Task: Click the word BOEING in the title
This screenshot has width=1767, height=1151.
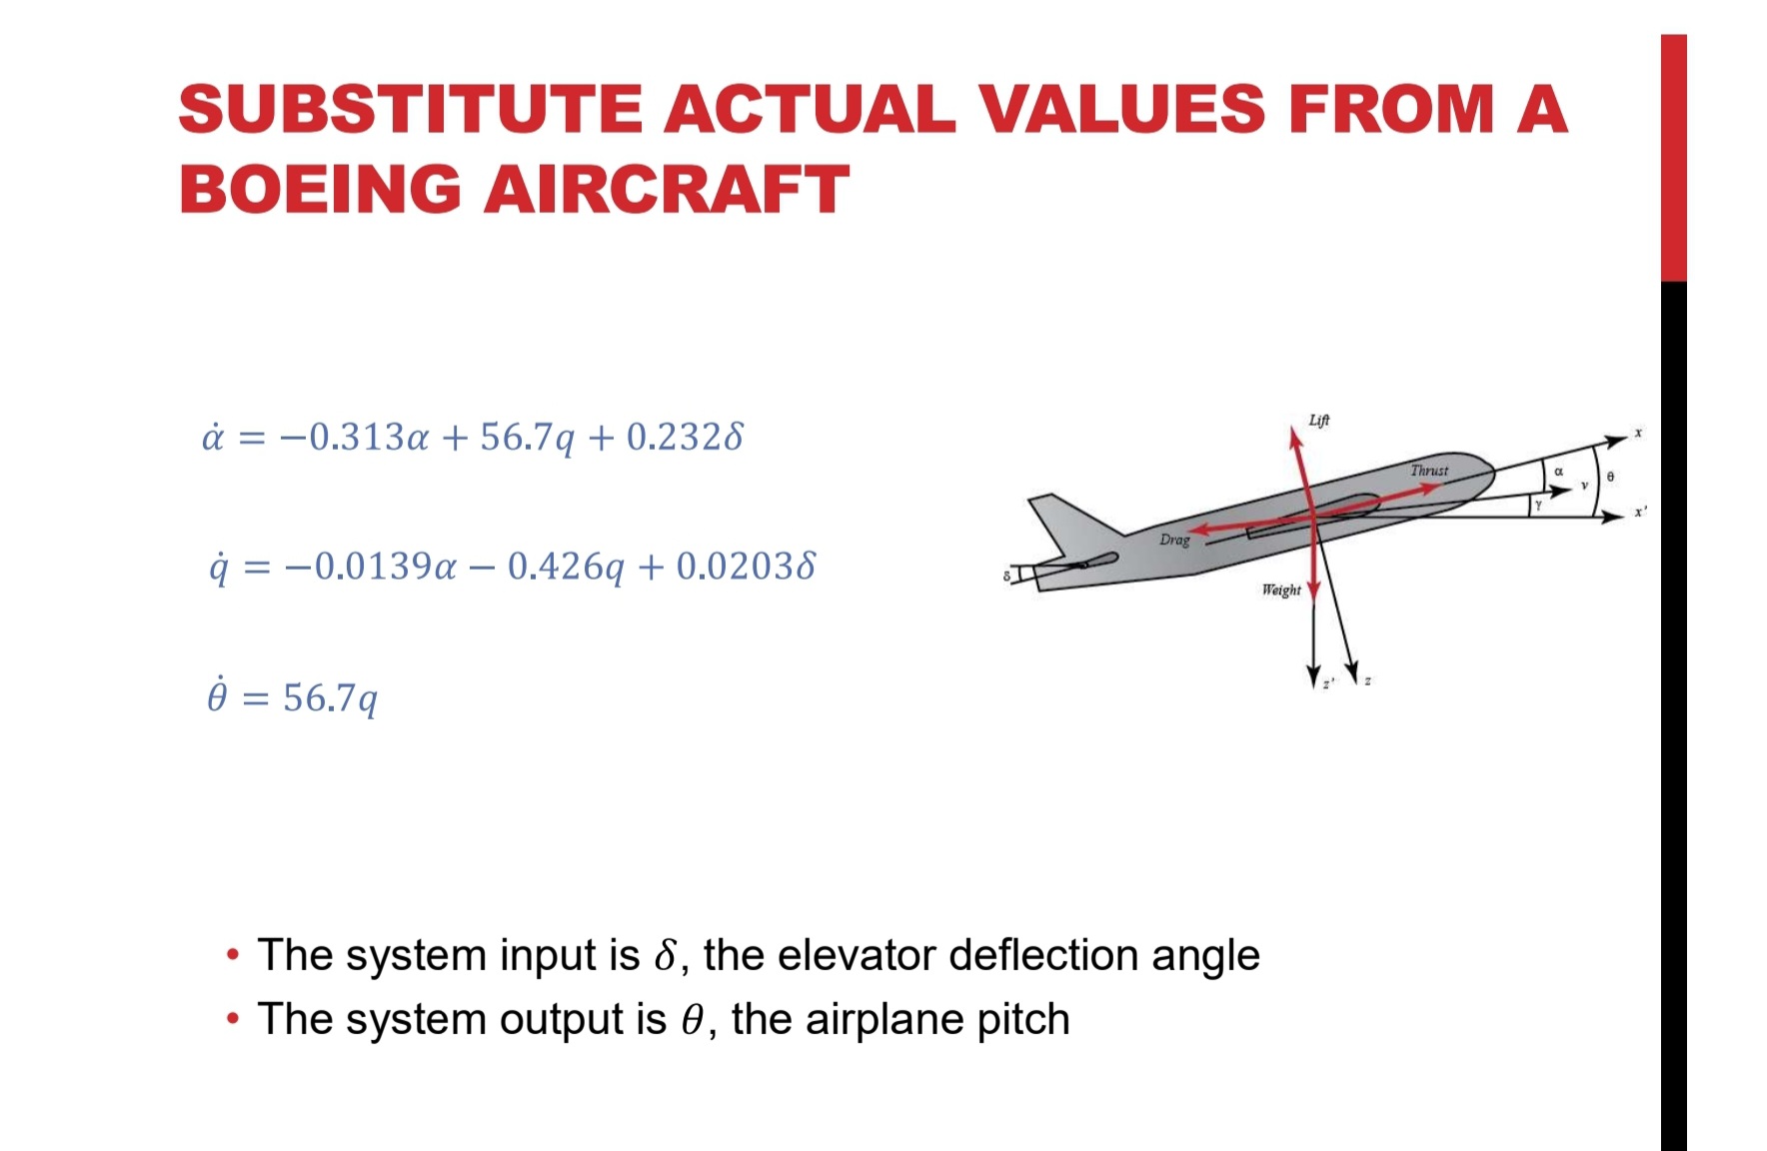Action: click(320, 189)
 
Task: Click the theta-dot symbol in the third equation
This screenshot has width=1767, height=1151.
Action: click(217, 695)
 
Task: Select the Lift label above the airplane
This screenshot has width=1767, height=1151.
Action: click(1319, 421)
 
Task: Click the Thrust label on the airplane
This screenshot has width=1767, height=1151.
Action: click(1429, 471)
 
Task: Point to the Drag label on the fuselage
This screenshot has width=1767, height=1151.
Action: click(1174, 540)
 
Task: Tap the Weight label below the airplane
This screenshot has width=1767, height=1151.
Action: click(1281, 590)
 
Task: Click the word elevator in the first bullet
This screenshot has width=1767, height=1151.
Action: click(859, 955)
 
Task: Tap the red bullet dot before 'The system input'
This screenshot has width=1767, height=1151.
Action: click(233, 955)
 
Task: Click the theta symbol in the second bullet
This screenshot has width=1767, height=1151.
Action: click(693, 1020)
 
